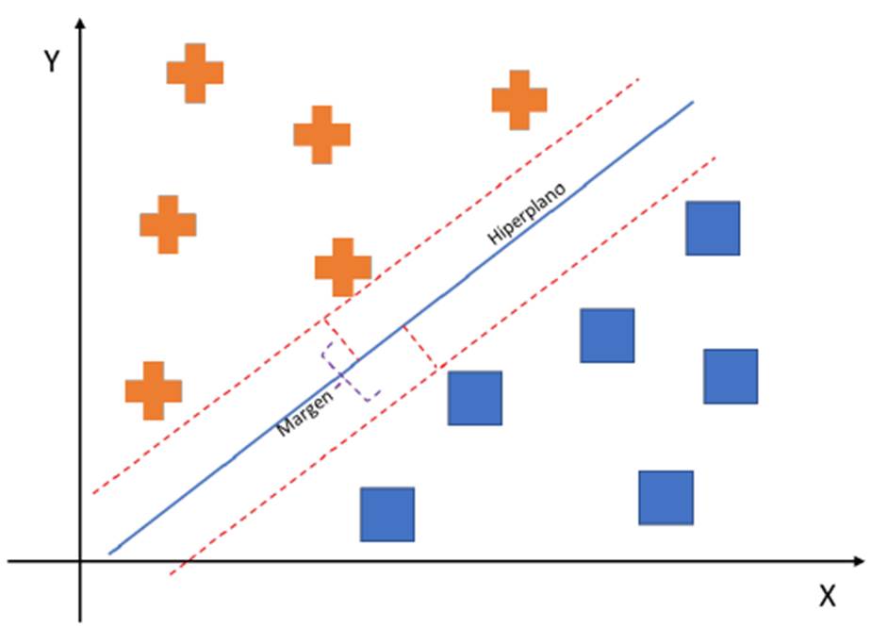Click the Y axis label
[x=53, y=62]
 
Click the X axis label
[x=827, y=597]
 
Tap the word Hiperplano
[x=527, y=215]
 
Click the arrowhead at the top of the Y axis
[x=81, y=23]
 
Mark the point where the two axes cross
[x=81, y=561]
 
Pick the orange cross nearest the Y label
[x=195, y=73]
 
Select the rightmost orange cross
[x=519, y=99]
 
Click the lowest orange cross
[x=153, y=390]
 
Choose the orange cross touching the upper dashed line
[x=342, y=267]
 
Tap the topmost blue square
[x=713, y=228]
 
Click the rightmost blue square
[x=731, y=376]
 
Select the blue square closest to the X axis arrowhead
[x=666, y=498]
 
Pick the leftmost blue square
[x=387, y=514]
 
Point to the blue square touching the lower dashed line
[x=475, y=398]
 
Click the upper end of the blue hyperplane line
[x=693, y=101]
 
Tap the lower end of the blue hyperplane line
[x=110, y=553]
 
